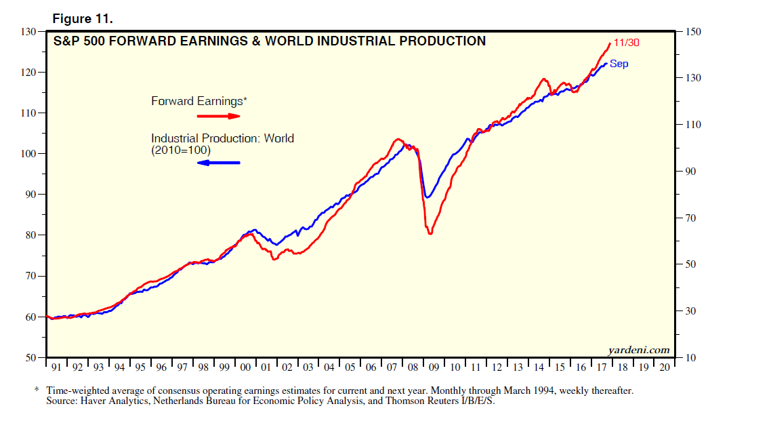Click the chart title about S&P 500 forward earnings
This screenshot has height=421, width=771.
click(x=270, y=41)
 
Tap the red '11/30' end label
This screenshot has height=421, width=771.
click(x=627, y=42)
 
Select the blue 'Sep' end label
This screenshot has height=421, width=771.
click(x=619, y=64)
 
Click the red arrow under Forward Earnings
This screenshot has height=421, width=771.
click(x=219, y=116)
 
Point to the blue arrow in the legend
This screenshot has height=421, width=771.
click(x=219, y=163)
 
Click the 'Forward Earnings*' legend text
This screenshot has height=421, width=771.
click(x=199, y=101)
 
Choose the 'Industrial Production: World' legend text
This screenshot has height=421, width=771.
click(x=222, y=138)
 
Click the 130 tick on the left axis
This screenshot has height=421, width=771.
click(x=28, y=32)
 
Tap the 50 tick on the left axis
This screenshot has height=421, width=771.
click(x=31, y=357)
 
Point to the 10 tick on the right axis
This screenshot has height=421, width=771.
click(x=692, y=357)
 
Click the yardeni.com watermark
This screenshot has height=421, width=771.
click(x=640, y=350)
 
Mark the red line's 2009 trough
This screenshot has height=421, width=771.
click(x=430, y=234)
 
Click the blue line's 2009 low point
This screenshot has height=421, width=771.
click(x=427, y=197)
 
